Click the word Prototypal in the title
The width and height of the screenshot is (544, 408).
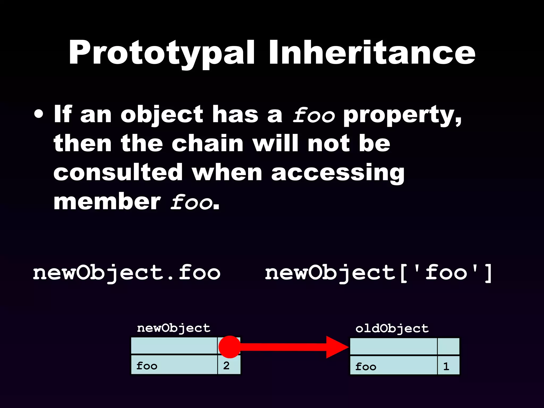point(161,53)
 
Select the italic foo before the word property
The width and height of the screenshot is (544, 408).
point(314,115)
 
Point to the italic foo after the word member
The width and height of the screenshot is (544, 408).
point(192,202)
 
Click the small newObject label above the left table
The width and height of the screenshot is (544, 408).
point(174,328)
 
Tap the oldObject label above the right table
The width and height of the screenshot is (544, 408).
point(392,329)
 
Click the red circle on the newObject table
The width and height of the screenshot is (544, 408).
point(229,347)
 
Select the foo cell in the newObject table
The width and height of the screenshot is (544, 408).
point(174,365)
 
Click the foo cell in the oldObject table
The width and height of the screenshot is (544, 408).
point(393,366)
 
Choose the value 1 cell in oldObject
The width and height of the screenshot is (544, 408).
point(448,366)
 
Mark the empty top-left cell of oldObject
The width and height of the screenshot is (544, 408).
point(393,346)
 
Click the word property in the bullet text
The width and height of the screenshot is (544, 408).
point(402,115)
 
